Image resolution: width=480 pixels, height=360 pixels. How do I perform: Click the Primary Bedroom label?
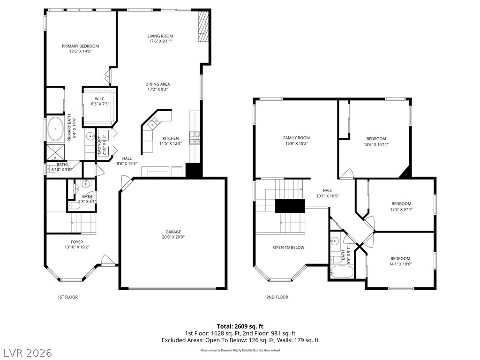[x=80, y=46]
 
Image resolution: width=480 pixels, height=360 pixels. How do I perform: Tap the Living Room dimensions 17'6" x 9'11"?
[x=160, y=41]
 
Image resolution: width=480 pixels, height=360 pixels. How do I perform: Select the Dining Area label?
[x=157, y=84]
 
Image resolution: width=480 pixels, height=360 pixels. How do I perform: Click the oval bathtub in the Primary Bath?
[x=55, y=129]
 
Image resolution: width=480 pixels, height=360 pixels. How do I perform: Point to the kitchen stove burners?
[x=195, y=138]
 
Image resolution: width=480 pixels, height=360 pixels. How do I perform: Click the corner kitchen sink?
[x=154, y=122]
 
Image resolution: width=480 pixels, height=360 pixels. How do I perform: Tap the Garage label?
[x=173, y=232]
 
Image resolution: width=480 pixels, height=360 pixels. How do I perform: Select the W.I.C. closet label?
[x=100, y=99]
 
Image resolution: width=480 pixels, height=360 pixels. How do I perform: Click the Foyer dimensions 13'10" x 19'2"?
[x=77, y=247]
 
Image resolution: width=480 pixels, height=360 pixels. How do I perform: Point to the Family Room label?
[x=296, y=138]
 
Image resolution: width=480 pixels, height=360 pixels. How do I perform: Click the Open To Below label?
[x=289, y=247]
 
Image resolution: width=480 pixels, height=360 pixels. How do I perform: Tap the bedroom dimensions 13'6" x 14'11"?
[x=376, y=144]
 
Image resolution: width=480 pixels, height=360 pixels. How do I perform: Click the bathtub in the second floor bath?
[x=342, y=271]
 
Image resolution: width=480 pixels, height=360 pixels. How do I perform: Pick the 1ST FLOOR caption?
[x=67, y=297]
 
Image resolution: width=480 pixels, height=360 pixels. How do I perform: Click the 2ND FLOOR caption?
[x=277, y=297]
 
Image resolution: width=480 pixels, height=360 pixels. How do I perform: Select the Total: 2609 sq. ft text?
[x=240, y=326]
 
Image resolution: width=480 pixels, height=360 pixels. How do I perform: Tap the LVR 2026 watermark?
[x=26, y=353]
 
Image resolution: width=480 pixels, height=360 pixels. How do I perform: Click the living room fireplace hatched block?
[x=203, y=27]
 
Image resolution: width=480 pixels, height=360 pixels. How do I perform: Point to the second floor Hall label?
[x=327, y=190]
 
